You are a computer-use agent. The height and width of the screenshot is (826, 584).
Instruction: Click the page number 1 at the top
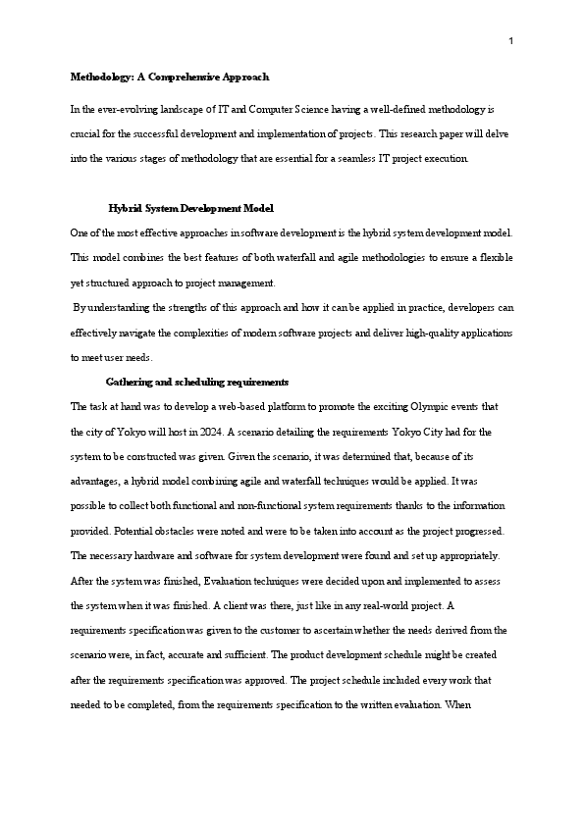click(x=511, y=41)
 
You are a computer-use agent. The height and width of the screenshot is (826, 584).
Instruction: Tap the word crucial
click(x=88, y=132)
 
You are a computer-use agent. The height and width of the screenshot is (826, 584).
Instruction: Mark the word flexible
click(x=494, y=257)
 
